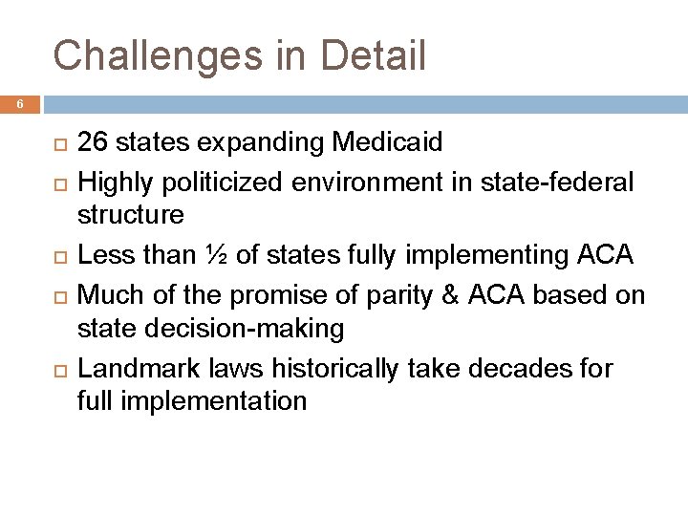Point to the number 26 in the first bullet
[x=92, y=143]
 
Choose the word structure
[x=131, y=215]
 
